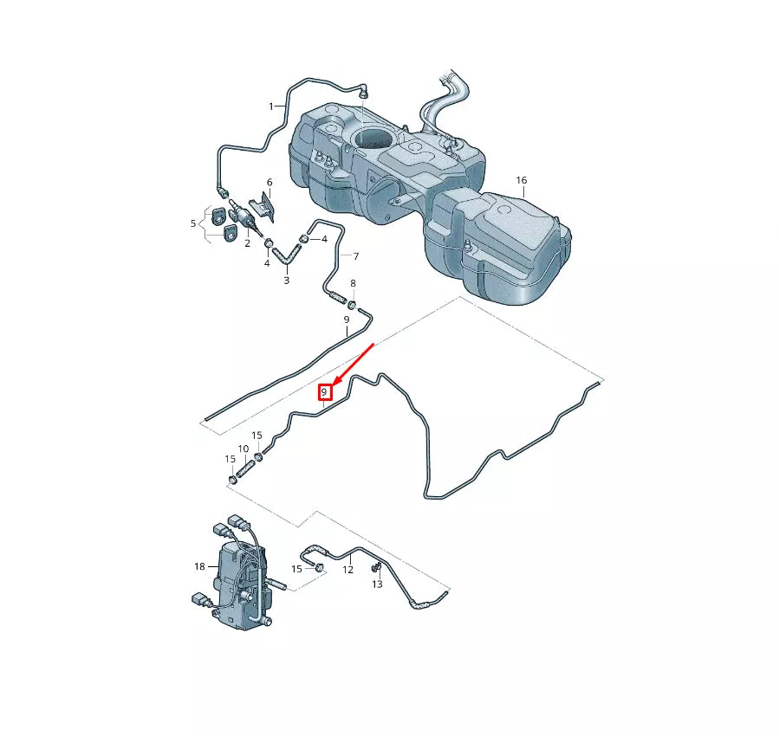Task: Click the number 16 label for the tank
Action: pos(521,180)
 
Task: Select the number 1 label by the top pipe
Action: pos(270,106)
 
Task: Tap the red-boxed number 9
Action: pos(324,392)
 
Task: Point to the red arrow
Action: pos(353,364)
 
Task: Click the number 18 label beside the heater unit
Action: pos(193,224)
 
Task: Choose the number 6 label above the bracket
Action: pos(269,183)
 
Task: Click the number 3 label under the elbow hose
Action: pos(286,281)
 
